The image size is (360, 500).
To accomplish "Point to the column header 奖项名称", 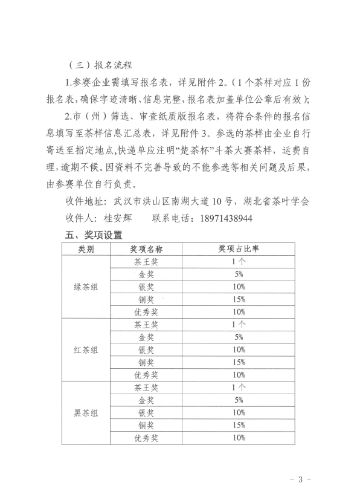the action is coord(146,248).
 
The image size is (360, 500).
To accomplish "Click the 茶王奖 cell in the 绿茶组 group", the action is coord(146,261).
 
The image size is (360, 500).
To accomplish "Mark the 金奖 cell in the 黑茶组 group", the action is coord(146,400).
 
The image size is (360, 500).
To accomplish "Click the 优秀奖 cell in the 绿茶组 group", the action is coord(146,311).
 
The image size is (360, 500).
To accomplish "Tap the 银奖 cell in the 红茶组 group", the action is coord(146,349).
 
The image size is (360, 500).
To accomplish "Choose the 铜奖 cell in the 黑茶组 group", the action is coord(146,425).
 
